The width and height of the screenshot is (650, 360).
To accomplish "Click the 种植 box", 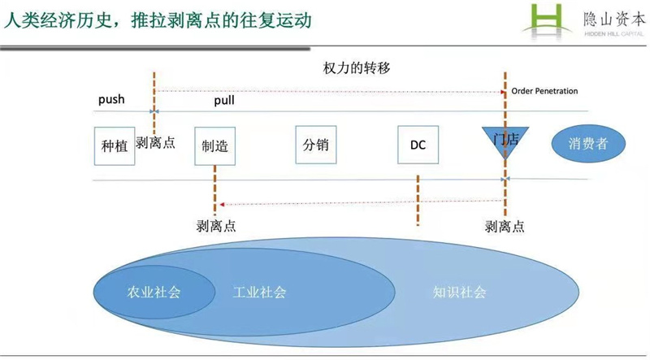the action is [115, 146].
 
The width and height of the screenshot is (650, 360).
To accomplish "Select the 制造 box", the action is [215, 146].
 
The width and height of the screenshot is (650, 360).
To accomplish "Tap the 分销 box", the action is [316, 145].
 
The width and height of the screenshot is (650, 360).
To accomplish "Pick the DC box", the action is [418, 145].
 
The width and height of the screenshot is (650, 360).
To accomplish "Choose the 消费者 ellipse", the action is [588, 144].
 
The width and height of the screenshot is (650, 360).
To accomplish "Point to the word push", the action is [111, 99].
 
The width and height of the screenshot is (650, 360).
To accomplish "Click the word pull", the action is [224, 101].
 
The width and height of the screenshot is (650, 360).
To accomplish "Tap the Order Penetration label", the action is [544, 91].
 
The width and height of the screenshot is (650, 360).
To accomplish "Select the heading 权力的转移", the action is [357, 67].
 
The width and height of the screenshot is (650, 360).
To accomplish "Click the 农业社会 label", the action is [154, 292].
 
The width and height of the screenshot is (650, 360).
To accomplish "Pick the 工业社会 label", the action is [260, 292].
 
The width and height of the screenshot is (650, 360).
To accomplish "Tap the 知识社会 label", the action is [460, 292].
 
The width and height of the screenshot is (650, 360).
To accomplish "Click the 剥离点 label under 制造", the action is [216, 226].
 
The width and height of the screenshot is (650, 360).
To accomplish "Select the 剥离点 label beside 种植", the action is [155, 143].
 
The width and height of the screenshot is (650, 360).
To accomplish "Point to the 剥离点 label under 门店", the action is [505, 227].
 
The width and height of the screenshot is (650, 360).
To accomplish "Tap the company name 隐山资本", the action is [614, 19].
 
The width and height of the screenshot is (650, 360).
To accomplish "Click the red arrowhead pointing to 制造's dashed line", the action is [222, 205].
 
